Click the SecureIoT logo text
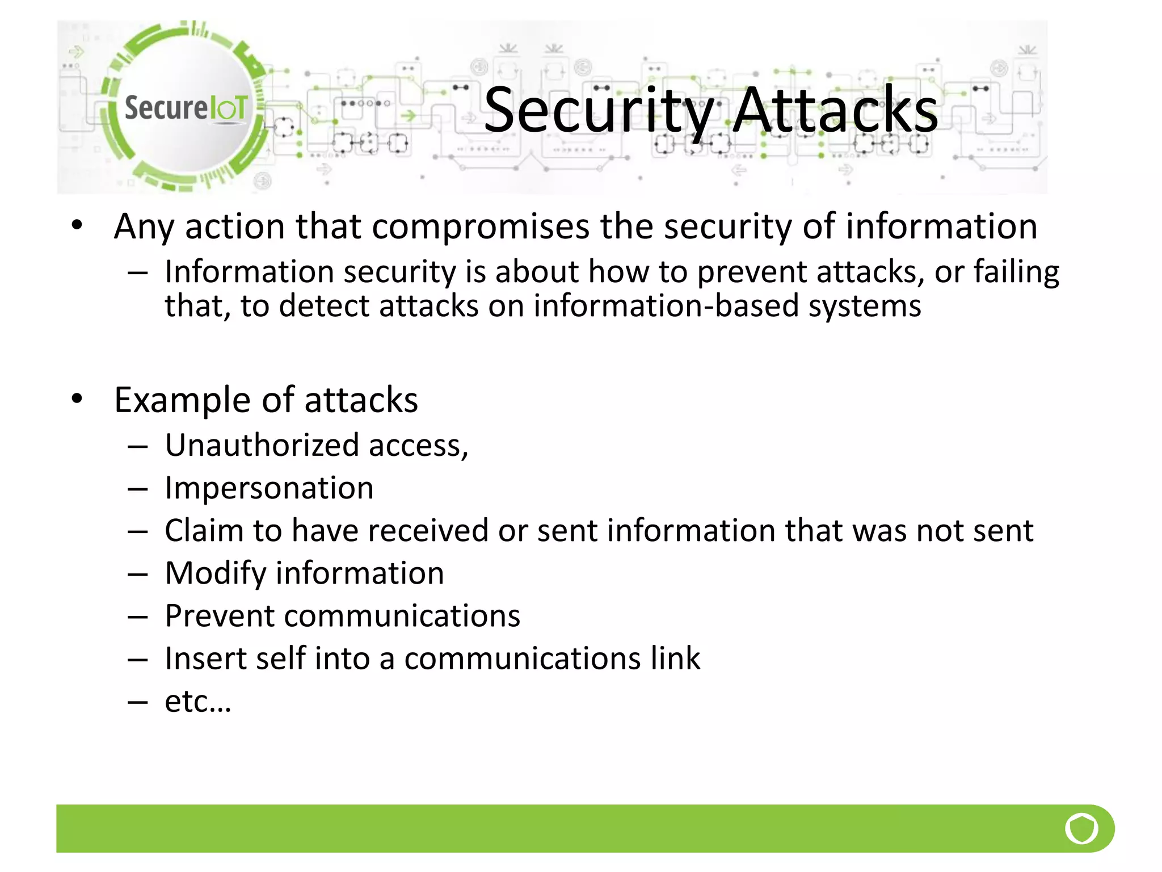(186, 108)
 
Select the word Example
(182, 401)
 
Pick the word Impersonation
(269, 488)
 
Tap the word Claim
(204, 531)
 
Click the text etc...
(197, 702)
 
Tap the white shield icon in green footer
(1081, 829)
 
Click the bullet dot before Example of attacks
(77, 399)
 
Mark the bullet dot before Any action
(77, 225)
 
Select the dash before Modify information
(138, 575)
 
